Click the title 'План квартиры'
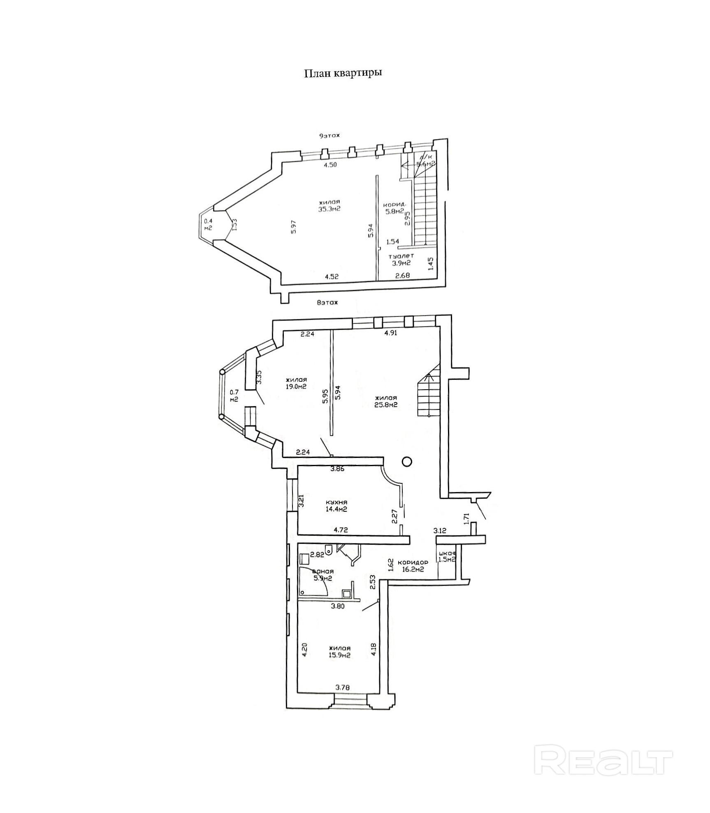343,73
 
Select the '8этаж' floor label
327,303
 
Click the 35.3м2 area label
330,206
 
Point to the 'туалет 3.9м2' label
401,259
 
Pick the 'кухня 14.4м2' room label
336,506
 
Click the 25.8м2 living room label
386,401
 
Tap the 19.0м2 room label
296,383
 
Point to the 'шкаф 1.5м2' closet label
447,556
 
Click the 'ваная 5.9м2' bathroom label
323,575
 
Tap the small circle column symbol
407,462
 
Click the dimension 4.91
390,333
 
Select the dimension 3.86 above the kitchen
337,469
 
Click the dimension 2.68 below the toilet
402,276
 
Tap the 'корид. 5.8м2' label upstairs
395,208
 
